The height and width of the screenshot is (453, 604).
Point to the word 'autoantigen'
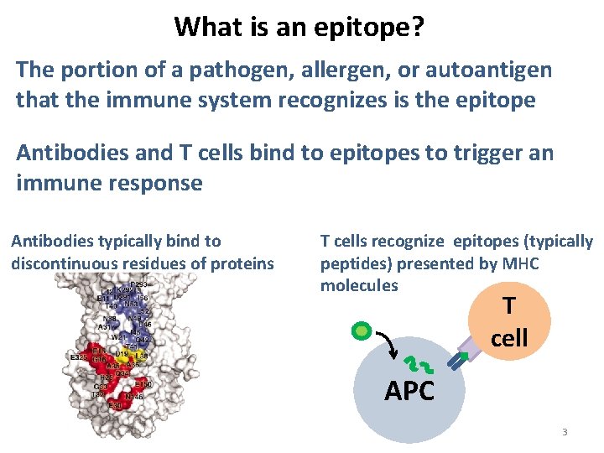tap(486, 69)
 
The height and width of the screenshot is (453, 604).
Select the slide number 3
tap(565, 432)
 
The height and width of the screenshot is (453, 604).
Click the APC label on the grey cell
tap(409, 390)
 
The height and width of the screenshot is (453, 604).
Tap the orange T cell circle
tap(508, 324)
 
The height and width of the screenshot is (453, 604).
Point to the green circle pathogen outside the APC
tap(362, 331)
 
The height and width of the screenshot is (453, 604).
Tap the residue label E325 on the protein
tap(80, 357)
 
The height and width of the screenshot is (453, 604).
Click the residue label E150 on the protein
tap(143, 384)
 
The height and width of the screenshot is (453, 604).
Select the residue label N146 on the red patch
tap(133, 395)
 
